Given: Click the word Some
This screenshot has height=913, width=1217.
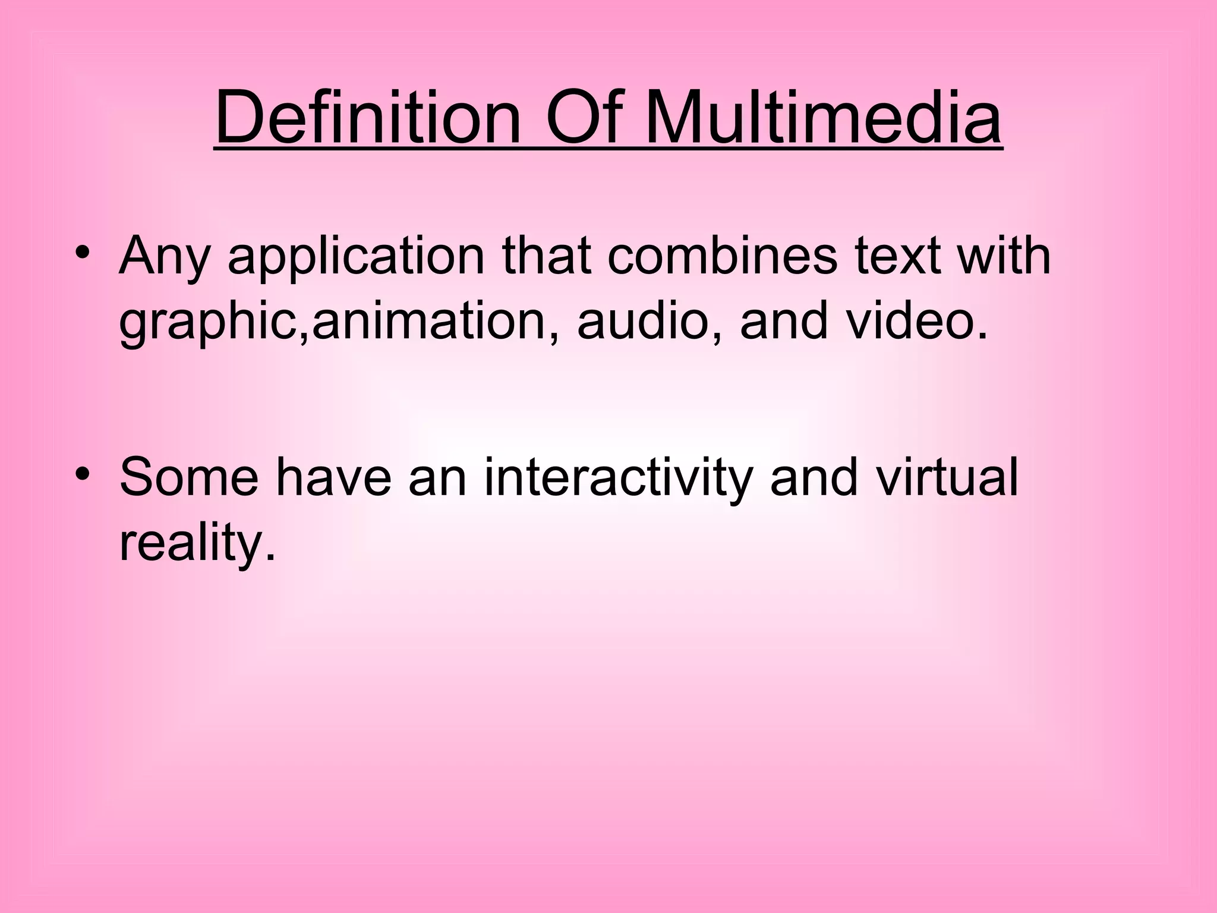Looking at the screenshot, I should [188, 478].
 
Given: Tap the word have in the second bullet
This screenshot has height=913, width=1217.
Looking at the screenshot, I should [333, 478].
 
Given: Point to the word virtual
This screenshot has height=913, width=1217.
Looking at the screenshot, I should [947, 478].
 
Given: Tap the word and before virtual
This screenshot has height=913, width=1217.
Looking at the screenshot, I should [814, 478].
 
